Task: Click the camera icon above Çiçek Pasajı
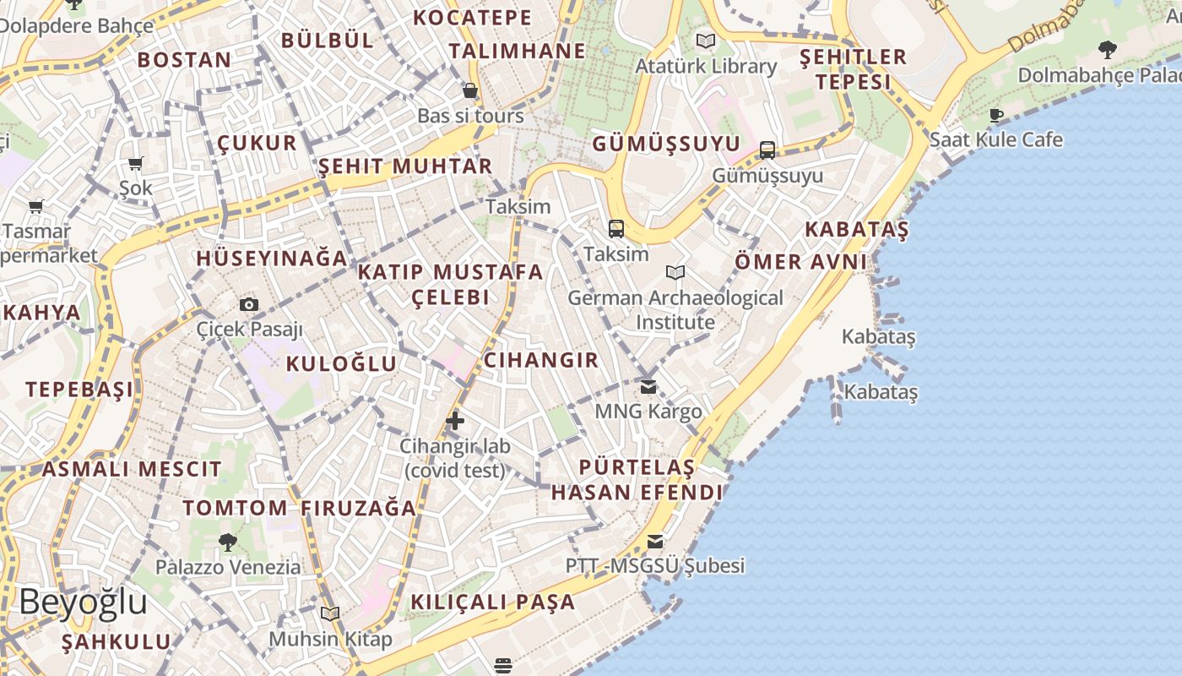(248, 304)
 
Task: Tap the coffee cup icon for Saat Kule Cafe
(996, 115)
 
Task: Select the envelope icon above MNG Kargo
(648, 387)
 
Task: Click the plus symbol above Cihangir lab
(455, 420)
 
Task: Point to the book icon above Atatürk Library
(705, 40)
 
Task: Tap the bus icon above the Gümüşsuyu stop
(767, 150)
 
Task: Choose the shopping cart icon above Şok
(136, 163)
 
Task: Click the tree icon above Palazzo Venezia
(227, 542)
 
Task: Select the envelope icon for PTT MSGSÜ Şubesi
(655, 542)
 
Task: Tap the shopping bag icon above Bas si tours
(470, 90)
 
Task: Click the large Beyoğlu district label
(83, 602)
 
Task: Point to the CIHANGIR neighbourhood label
(541, 360)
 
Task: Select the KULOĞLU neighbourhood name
(341, 364)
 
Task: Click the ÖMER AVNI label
(800, 262)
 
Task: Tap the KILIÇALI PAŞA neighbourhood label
(493, 602)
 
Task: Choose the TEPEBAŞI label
(79, 390)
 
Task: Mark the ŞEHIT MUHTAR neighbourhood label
(405, 166)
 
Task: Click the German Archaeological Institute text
(675, 310)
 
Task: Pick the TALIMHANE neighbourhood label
(517, 51)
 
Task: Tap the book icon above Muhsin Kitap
(329, 613)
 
